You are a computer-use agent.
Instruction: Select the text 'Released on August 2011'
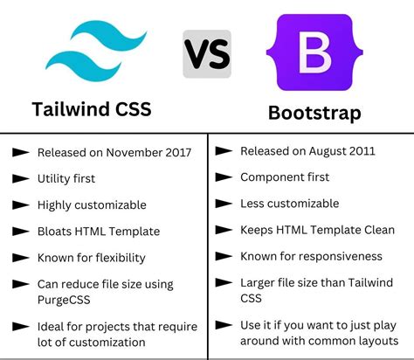tap(307, 151)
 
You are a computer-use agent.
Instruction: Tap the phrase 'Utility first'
tap(66, 178)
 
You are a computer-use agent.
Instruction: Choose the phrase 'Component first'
tap(285, 177)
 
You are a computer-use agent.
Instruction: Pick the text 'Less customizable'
tap(289, 204)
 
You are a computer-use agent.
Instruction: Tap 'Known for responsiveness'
tap(311, 257)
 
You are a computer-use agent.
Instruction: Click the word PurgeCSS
tap(63, 299)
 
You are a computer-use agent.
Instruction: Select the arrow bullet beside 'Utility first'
tap(20, 178)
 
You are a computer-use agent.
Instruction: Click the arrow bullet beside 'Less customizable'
tap(223, 204)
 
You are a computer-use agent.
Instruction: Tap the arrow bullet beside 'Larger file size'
tap(223, 283)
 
